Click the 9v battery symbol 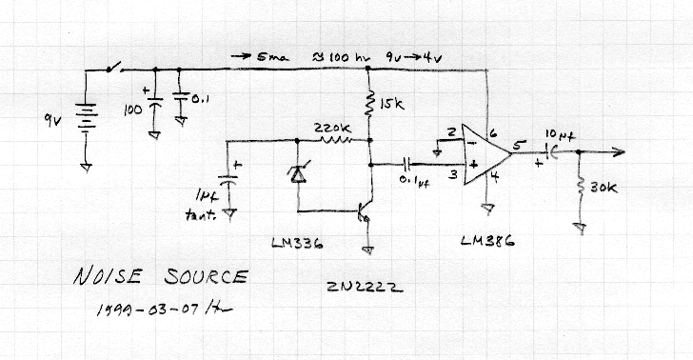(87, 121)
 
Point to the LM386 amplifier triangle (483, 155)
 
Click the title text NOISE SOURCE (159, 278)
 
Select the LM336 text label (292, 244)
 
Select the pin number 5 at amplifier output (518, 146)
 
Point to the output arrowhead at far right (619, 151)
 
